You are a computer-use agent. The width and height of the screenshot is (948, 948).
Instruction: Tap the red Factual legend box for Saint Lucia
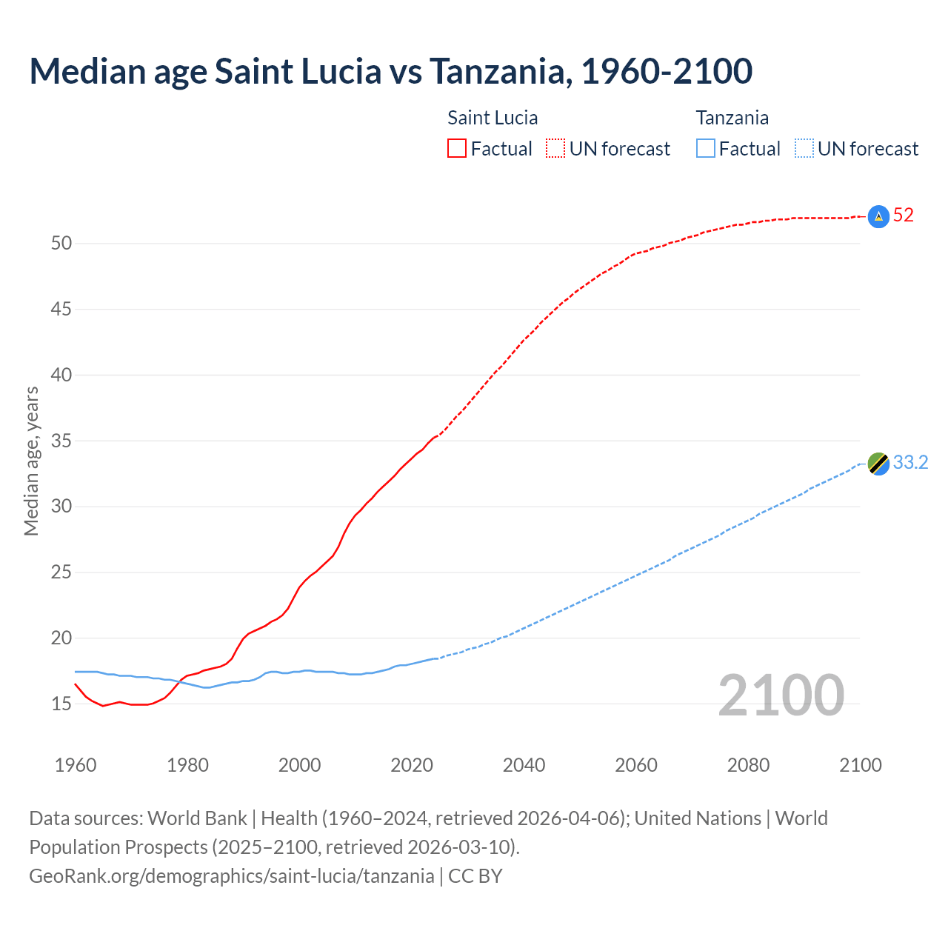(x=457, y=148)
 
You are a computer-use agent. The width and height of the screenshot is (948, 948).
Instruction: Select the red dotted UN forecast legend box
(x=555, y=148)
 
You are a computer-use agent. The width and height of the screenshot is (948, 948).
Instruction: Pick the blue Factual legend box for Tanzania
(x=706, y=148)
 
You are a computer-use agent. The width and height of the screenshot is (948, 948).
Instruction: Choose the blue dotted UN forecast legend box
(x=804, y=148)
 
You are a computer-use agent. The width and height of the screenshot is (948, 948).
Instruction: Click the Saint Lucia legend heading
(x=493, y=118)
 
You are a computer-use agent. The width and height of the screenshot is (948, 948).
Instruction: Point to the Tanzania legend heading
(x=732, y=118)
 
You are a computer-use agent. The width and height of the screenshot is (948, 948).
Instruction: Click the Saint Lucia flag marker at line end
(x=878, y=216)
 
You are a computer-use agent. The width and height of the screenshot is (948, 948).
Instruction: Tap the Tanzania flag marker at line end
(x=878, y=464)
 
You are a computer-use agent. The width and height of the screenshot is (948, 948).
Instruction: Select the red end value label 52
(x=904, y=216)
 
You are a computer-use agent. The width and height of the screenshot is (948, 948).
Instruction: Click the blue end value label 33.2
(x=910, y=463)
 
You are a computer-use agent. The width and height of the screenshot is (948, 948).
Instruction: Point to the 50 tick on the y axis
(x=61, y=244)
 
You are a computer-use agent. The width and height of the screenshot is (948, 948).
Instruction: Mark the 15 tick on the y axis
(x=61, y=704)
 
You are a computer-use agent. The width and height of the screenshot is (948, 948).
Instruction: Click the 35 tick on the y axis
(x=61, y=441)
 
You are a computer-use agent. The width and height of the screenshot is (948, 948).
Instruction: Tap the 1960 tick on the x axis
(x=76, y=765)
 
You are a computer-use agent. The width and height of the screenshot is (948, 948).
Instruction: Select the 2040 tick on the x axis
(x=524, y=765)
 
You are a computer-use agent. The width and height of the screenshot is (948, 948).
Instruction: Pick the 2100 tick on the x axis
(x=860, y=765)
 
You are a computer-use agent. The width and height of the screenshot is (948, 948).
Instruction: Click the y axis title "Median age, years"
(x=31, y=461)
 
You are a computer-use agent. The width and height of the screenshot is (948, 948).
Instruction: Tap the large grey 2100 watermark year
(x=781, y=695)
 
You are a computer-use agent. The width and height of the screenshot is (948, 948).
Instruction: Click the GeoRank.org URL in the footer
(x=231, y=876)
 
